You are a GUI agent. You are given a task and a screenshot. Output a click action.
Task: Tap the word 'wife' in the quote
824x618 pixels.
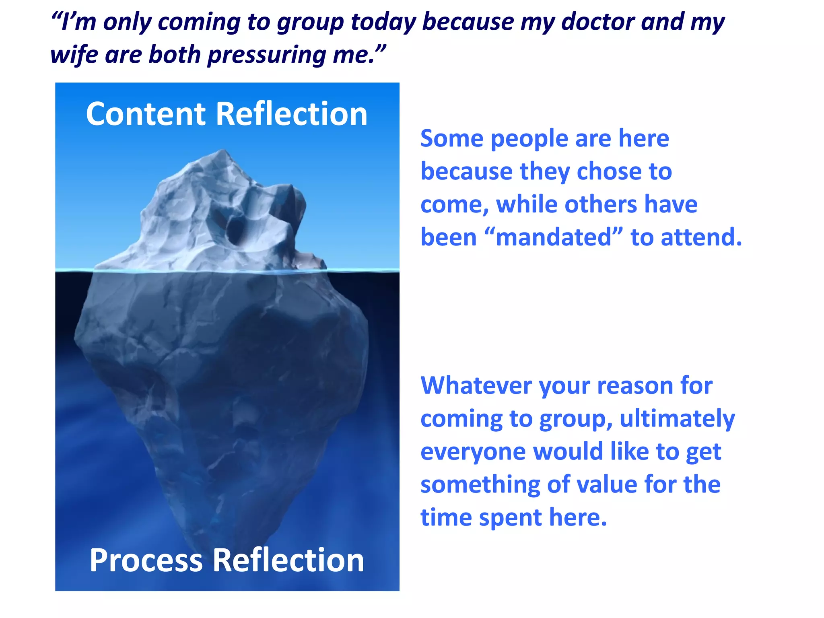pos(74,55)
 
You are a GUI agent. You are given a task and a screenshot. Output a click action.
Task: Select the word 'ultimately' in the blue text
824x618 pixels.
pos(677,419)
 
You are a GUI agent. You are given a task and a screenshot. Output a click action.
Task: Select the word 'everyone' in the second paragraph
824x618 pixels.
pos(473,452)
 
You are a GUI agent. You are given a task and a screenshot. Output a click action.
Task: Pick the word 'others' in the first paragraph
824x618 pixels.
pos(600,204)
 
